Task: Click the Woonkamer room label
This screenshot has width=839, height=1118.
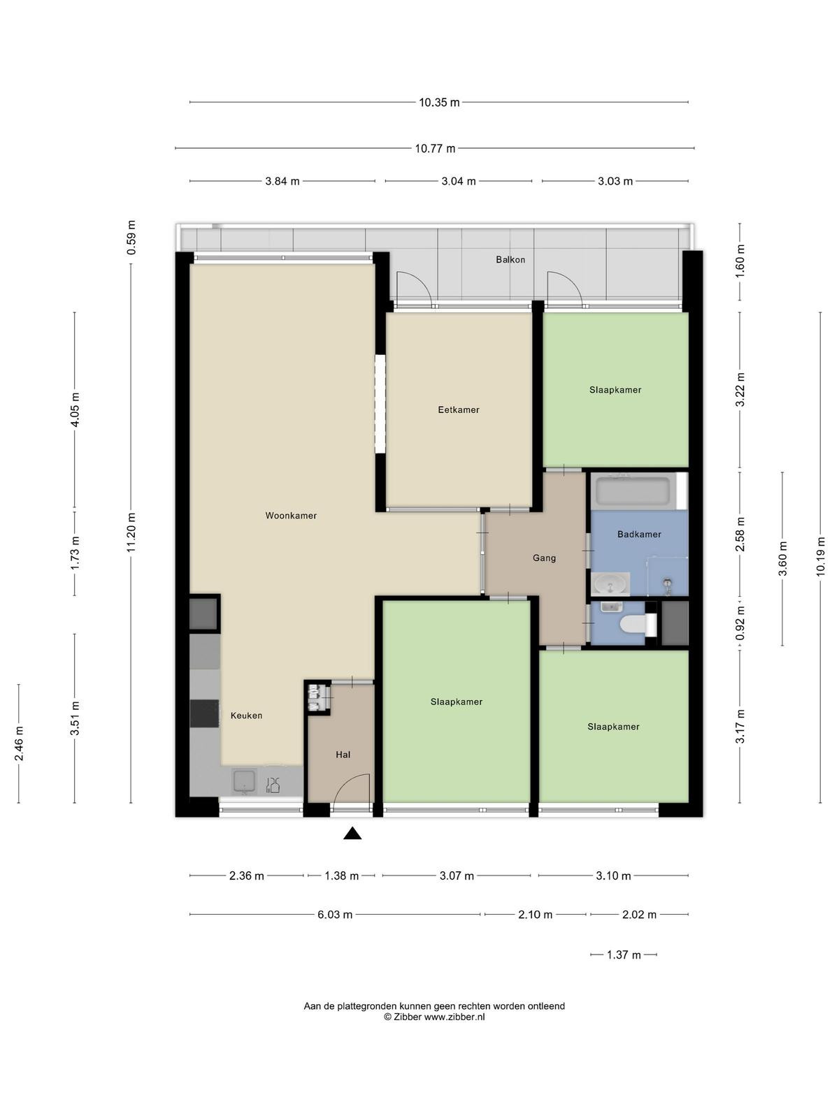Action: pyautogui.click(x=291, y=516)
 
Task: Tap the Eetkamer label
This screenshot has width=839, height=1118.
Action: pyautogui.click(x=459, y=409)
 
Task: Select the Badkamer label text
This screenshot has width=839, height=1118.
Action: pyautogui.click(x=639, y=535)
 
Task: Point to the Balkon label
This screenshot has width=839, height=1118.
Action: pyautogui.click(x=510, y=260)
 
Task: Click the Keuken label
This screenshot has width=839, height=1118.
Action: pyautogui.click(x=247, y=716)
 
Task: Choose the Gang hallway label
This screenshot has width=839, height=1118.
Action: pyautogui.click(x=544, y=558)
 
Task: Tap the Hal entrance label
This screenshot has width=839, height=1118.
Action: pyautogui.click(x=343, y=755)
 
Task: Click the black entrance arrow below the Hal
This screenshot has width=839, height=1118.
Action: pyautogui.click(x=352, y=834)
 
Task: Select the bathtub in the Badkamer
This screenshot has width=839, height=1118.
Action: pyautogui.click(x=633, y=491)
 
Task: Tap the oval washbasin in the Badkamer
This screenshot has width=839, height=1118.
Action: pyautogui.click(x=611, y=584)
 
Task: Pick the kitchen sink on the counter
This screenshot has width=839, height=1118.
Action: pyautogui.click(x=245, y=781)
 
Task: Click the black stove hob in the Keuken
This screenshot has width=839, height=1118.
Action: pyautogui.click(x=205, y=713)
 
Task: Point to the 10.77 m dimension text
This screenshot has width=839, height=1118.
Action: pyautogui.click(x=435, y=149)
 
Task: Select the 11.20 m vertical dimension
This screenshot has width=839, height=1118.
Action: pyautogui.click(x=131, y=532)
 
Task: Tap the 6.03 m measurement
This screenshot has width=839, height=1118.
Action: pyautogui.click(x=335, y=915)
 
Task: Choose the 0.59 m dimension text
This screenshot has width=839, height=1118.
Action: pyautogui.click(x=131, y=238)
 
